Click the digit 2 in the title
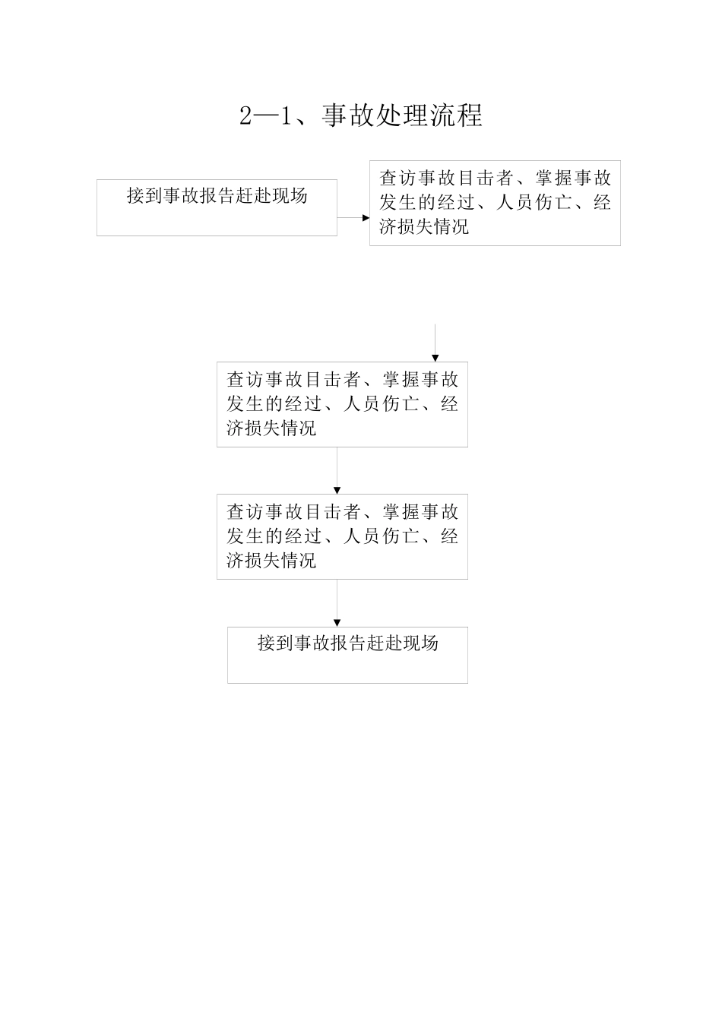(x=246, y=116)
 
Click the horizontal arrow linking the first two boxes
(x=353, y=217)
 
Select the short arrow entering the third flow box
(x=435, y=343)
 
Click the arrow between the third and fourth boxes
(x=337, y=471)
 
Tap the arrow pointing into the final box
(x=337, y=603)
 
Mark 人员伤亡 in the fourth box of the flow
(x=382, y=537)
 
